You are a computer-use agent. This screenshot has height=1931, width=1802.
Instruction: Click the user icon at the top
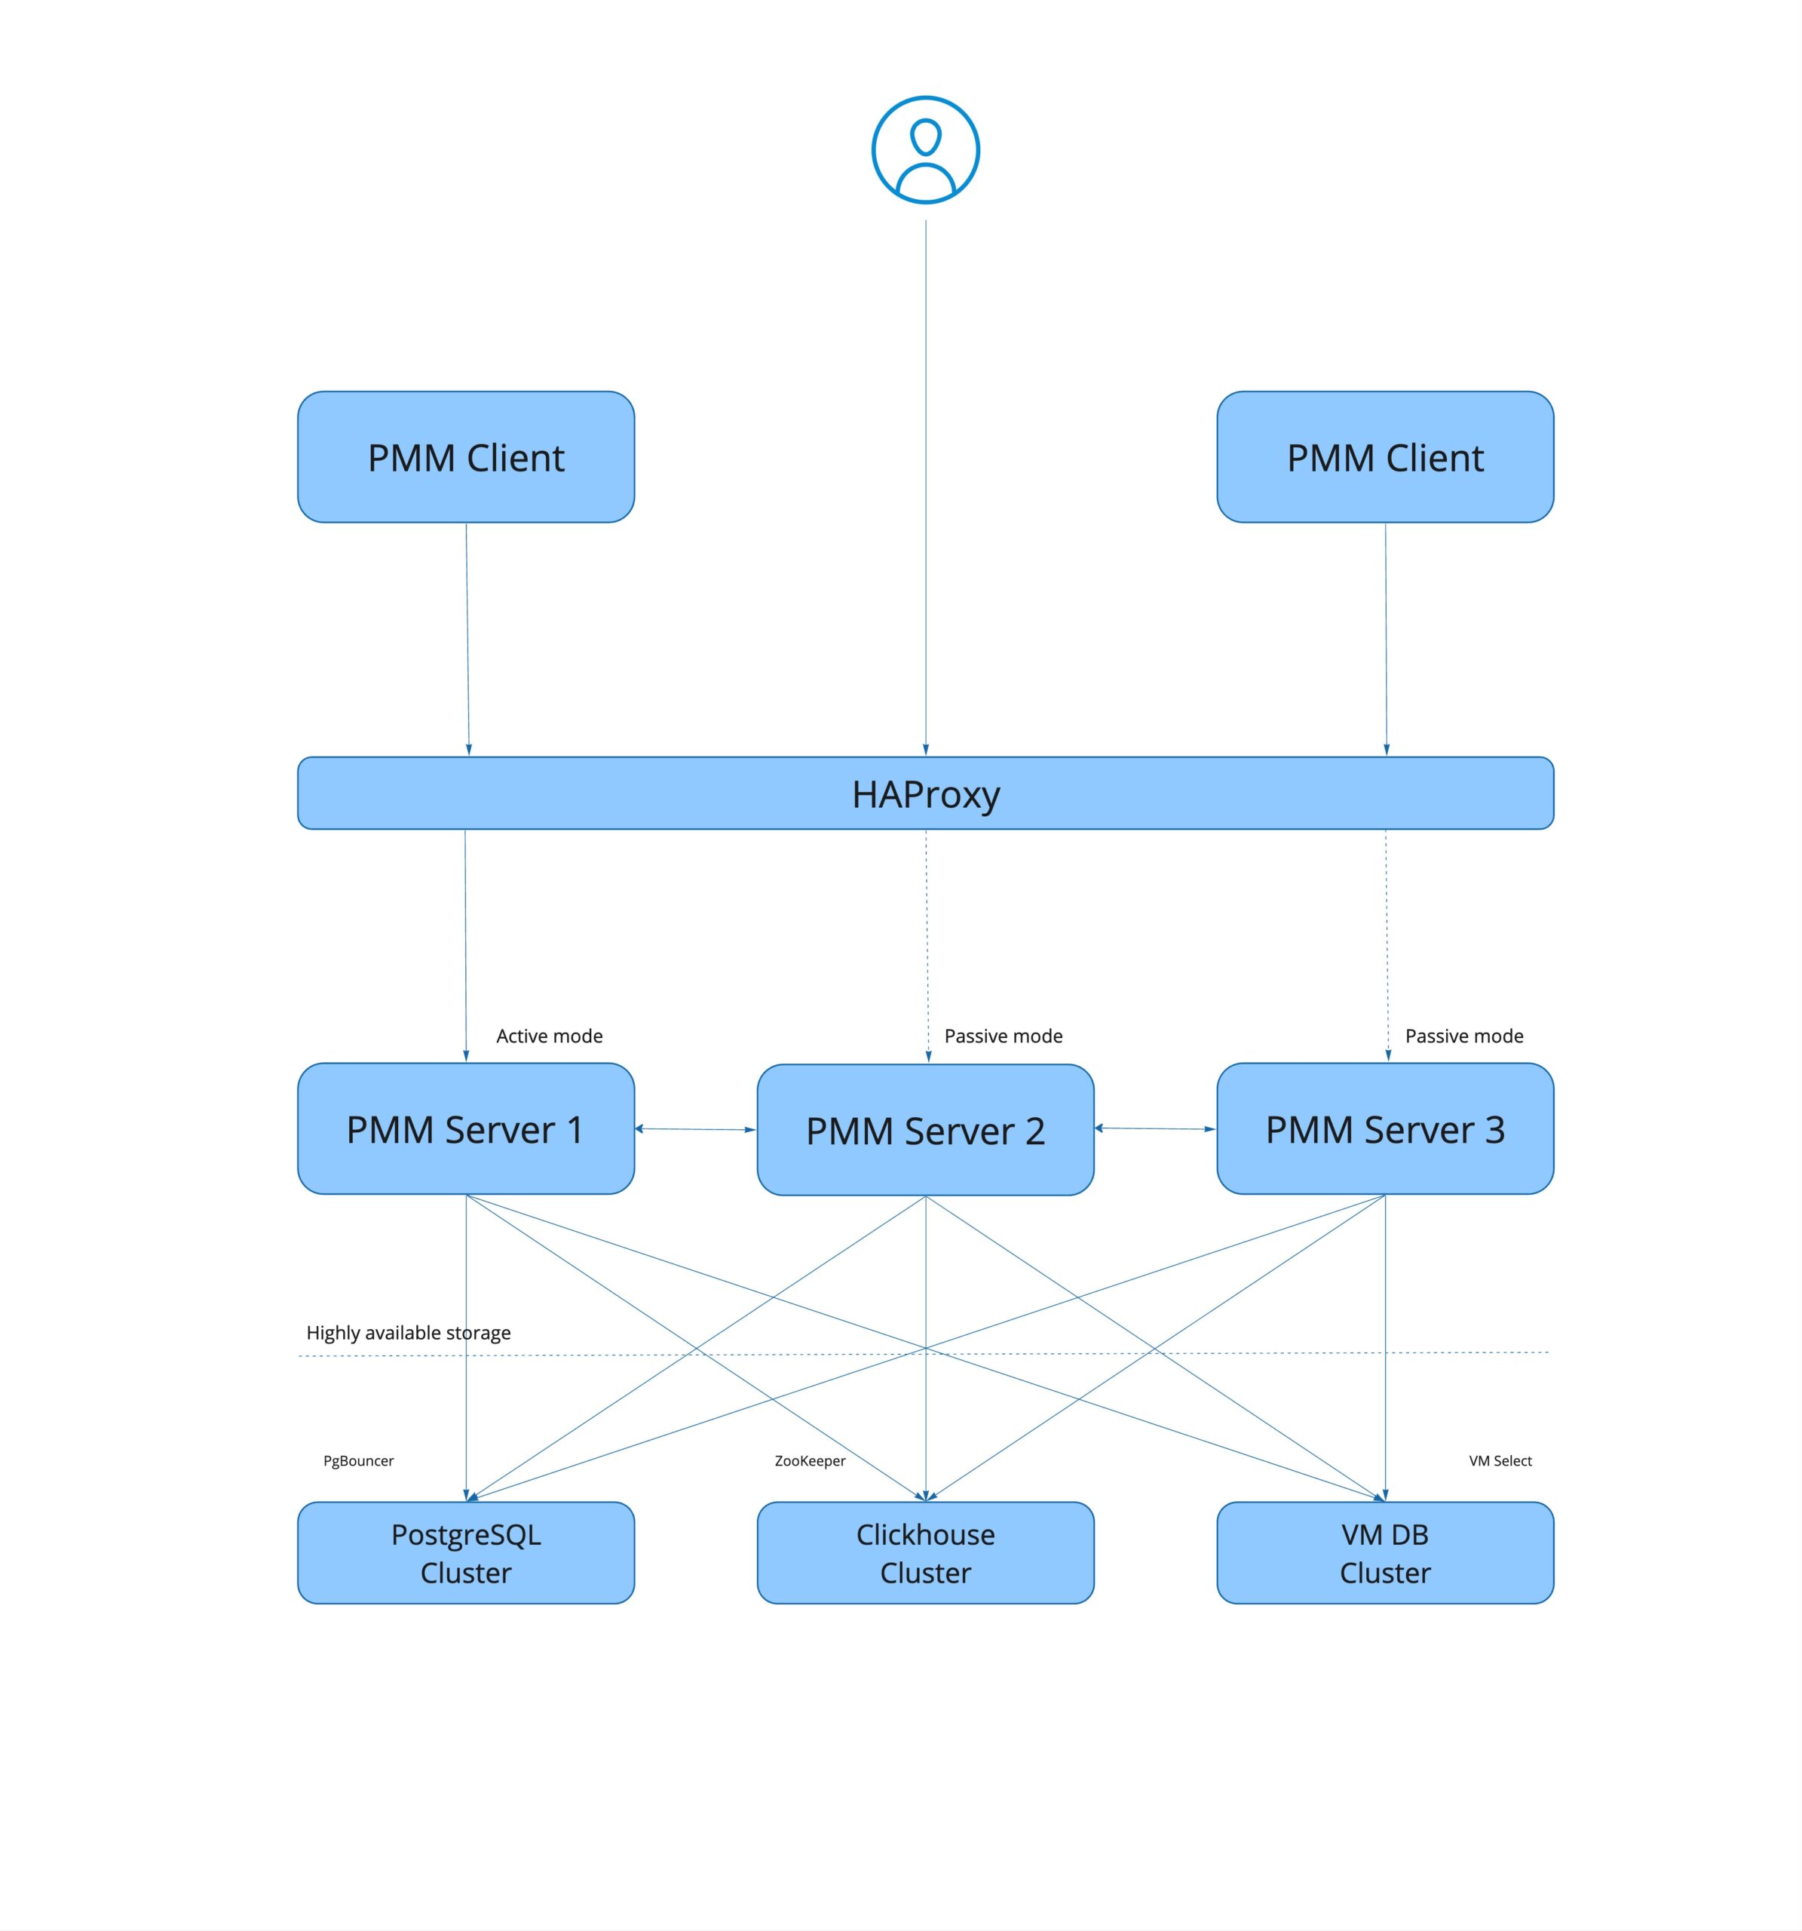tap(925, 149)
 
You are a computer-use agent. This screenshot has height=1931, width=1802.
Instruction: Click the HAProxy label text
tap(925, 794)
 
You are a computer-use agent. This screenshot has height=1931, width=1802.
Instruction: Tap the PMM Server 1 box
tap(466, 1128)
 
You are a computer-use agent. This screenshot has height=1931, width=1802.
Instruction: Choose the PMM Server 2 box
tap(925, 1130)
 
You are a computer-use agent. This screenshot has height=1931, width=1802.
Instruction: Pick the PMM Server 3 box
tap(1384, 1128)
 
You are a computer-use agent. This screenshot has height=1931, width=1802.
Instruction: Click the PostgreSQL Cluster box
tap(466, 1552)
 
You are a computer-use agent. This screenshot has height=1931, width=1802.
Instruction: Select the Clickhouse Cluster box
tap(925, 1552)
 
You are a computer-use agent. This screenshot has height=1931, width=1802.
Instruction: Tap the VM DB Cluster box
tap(1384, 1552)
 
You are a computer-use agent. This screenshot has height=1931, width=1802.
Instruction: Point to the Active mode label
tap(550, 1036)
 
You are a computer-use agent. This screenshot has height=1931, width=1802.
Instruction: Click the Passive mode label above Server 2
tap(1003, 1036)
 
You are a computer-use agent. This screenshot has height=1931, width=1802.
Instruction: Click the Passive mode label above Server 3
tap(1463, 1036)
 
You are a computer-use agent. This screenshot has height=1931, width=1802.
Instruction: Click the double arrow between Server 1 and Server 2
tap(695, 1128)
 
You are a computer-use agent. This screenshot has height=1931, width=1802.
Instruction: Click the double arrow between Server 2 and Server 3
tap(1154, 1128)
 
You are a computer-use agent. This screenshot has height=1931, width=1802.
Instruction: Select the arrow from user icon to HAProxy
tap(925, 486)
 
